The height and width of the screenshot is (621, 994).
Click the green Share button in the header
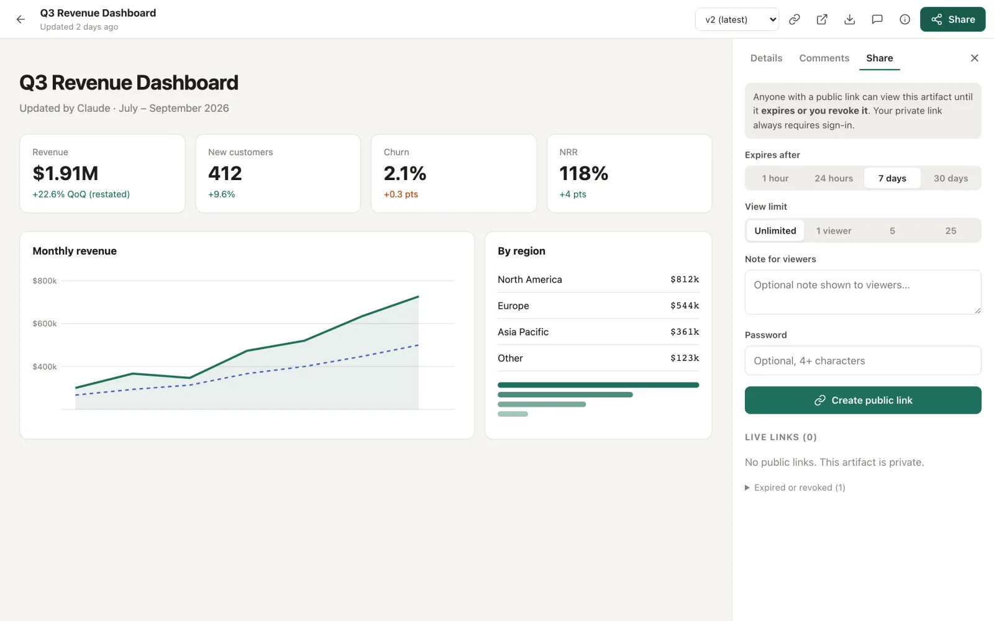[x=952, y=19]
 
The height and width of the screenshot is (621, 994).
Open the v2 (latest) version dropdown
[x=737, y=19]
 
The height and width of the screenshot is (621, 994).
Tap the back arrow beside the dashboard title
[x=21, y=19]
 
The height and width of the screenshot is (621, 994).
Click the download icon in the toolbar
[x=849, y=19]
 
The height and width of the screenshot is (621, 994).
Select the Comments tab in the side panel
[x=824, y=58]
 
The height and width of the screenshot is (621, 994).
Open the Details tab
[x=766, y=58]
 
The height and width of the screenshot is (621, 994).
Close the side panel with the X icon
[x=975, y=58]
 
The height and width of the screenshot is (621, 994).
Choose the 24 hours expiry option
[x=833, y=178]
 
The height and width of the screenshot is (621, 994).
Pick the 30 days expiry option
[x=951, y=178]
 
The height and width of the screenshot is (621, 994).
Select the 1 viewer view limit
[x=833, y=230]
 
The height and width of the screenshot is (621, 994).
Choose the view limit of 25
[x=951, y=230]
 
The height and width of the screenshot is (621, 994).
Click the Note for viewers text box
[x=863, y=292]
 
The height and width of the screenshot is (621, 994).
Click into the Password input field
[x=863, y=361]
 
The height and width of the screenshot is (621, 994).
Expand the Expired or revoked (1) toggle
[x=795, y=487]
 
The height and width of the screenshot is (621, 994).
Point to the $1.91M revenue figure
[x=65, y=173]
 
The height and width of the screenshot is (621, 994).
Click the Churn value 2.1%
[x=404, y=173]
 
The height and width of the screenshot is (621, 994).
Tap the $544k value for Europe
[x=684, y=305]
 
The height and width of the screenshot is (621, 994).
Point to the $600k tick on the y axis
[x=44, y=324]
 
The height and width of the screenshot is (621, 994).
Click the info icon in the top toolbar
[x=905, y=19]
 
